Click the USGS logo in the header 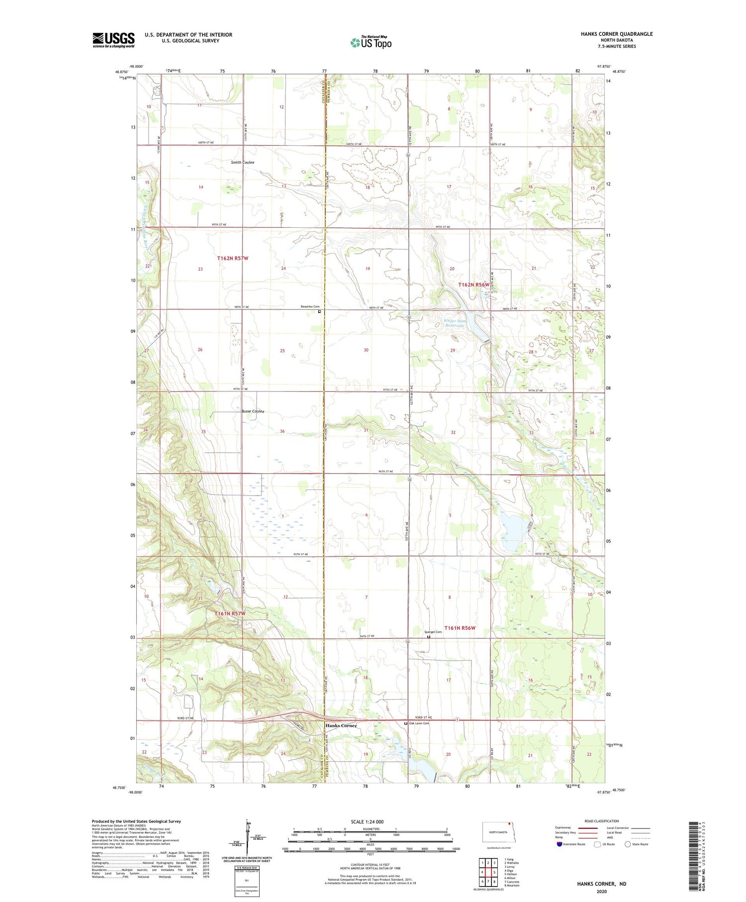point(113,40)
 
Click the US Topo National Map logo point(371,42)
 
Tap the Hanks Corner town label point(341,726)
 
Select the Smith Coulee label point(243,163)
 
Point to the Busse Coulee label point(253,411)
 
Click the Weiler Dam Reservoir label point(455,323)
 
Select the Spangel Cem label point(433,632)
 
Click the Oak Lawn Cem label point(419,723)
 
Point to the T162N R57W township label point(232,258)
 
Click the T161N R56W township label point(460,628)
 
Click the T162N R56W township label point(474,285)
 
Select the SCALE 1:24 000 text point(367,822)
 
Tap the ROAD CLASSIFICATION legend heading point(602,821)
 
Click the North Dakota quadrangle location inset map point(496,833)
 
